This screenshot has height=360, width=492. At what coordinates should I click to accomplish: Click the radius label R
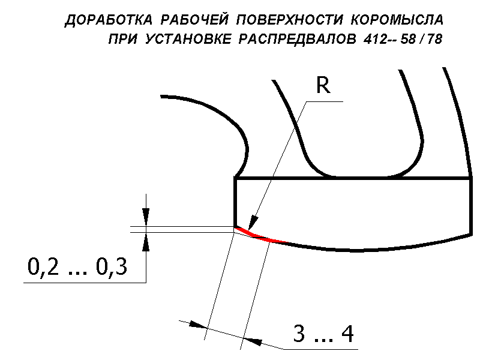point(323,87)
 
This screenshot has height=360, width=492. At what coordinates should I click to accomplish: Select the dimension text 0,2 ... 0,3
point(77,266)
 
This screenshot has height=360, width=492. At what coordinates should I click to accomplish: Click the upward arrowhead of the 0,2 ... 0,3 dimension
point(145,240)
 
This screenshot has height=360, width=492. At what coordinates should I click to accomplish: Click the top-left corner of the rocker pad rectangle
point(235,178)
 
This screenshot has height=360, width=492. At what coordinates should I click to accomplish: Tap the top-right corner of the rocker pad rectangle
point(472,178)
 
